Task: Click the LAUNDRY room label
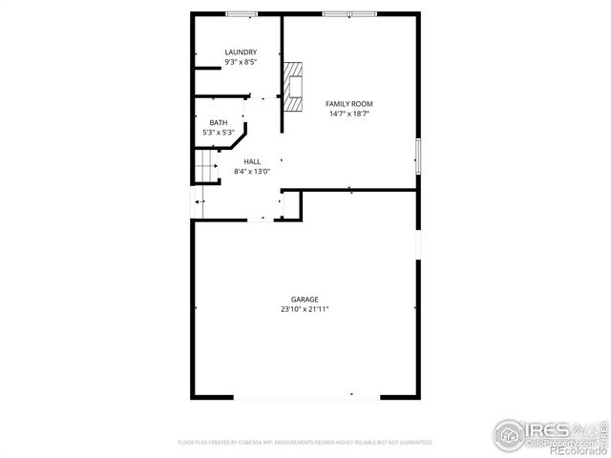pos(241,52)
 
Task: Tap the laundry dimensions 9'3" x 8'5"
pos(241,62)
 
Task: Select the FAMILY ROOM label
pos(349,103)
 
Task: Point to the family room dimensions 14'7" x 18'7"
pos(349,114)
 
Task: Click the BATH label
pos(219,122)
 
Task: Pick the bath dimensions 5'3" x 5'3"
pos(219,133)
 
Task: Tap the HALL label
pos(252,161)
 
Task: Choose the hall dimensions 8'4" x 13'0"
pos(252,172)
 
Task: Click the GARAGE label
pos(305,299)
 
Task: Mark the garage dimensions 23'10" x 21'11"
pos(305,309)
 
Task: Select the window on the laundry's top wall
pos(241,13)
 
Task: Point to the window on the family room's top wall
pos(349,13)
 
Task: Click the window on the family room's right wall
pos(417,155)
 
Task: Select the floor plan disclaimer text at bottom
pos(305,443)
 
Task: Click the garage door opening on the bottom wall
pos(305,397)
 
